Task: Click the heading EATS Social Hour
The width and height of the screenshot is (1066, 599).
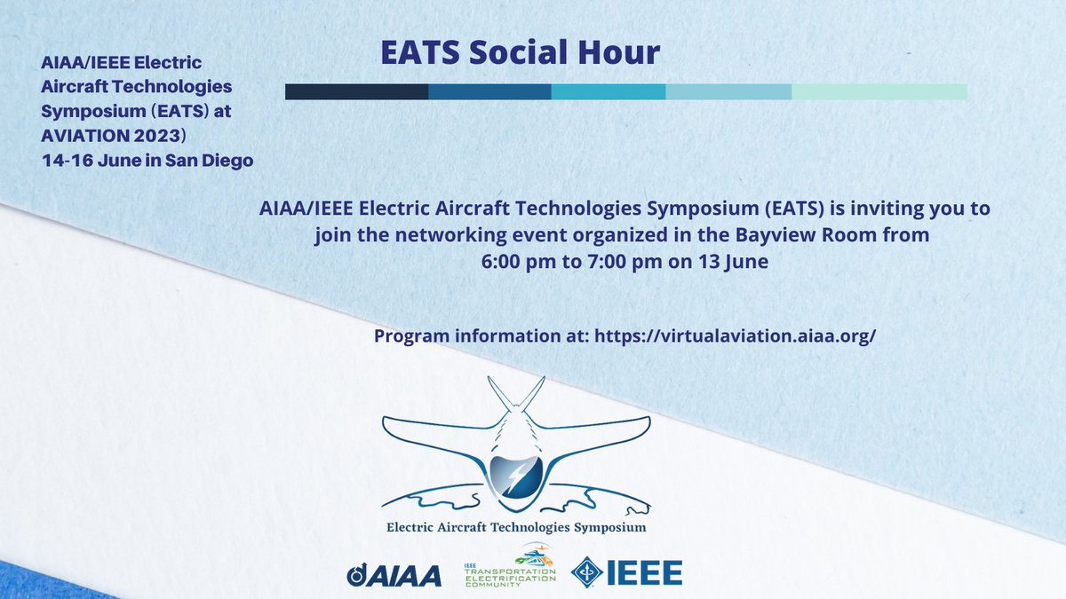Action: (x=520, y=52)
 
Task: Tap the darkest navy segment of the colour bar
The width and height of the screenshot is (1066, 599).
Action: (x=356, y=91)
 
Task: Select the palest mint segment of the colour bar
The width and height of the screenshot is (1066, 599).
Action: (x=879, y=91)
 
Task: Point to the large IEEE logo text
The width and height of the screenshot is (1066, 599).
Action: (x=644, y=573)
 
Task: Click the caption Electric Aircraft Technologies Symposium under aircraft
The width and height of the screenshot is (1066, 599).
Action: (x=516, y=527)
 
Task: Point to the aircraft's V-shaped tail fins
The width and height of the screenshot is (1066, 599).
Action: (x=515, y=396)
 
